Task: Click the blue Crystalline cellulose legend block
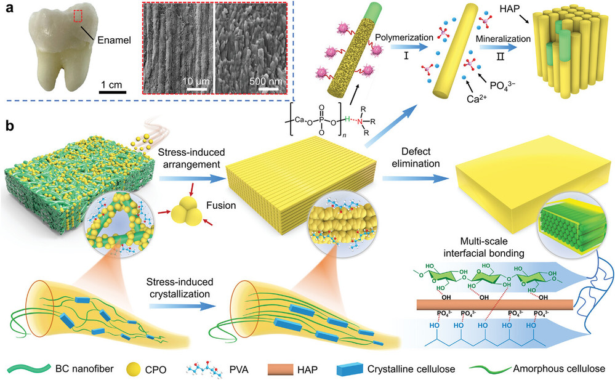click(x=352, y=368)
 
